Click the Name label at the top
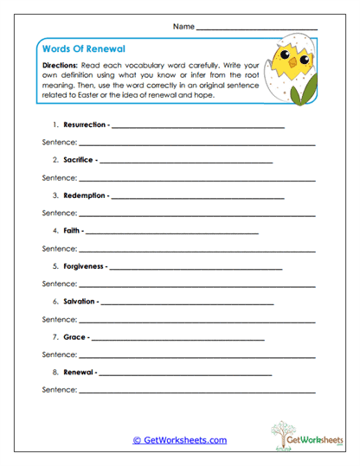click(x=183, y=27)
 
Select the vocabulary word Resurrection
click(x=86, y=125)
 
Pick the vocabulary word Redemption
click(x=85, y=195)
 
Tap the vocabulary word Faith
click(x=72, y=231)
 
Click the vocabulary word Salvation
click(x=80, y=302)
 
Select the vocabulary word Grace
click(x=74, y=337)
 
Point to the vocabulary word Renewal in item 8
click(x=79, y=373)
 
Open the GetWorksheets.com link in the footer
click(x=179, y=440)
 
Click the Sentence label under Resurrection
click(x=60, y=143)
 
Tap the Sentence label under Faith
click(x=60, y=249)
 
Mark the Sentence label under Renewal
click(x=60, y=391)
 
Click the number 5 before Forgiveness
click(x=55, y=266)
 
